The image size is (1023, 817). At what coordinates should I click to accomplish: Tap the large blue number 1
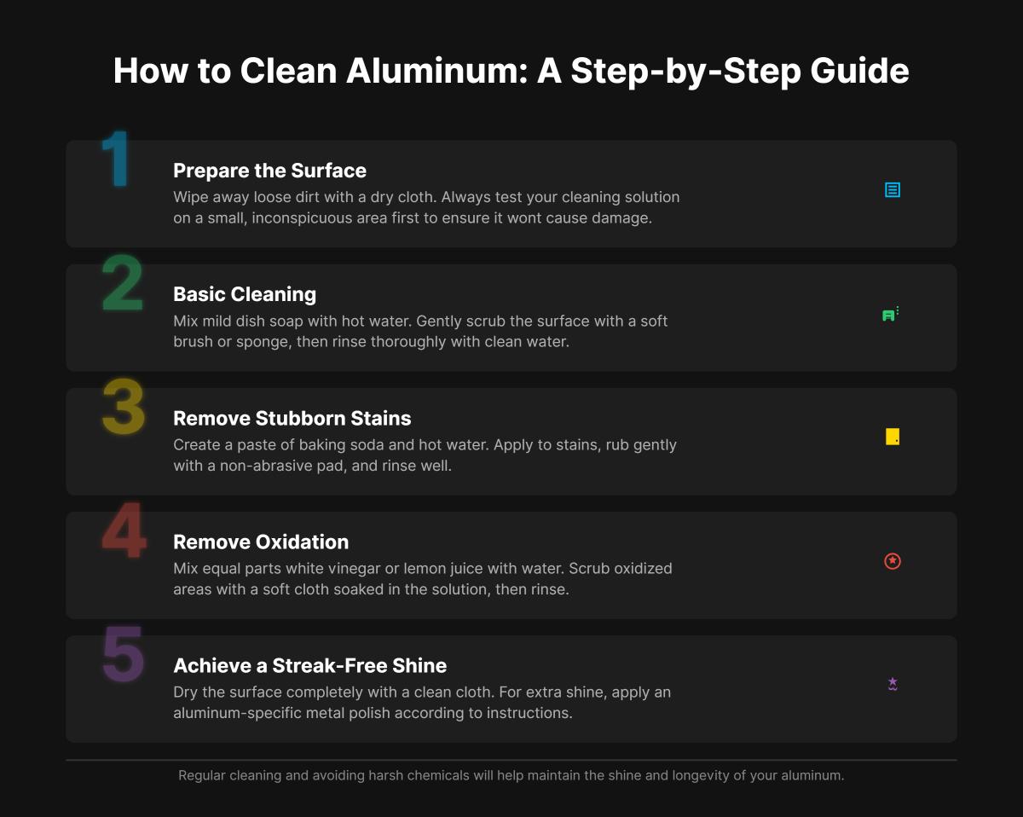115,159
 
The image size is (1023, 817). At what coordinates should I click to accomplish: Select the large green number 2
123,283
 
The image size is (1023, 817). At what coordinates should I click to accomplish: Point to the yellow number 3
123,407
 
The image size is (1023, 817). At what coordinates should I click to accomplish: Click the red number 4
123,530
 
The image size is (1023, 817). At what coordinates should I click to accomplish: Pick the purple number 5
123,654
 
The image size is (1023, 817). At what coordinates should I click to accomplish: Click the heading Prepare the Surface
269,171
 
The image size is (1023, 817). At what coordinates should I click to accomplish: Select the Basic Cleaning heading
244,294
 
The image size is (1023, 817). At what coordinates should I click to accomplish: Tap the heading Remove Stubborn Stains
292,418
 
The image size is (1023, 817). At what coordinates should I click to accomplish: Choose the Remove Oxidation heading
260,542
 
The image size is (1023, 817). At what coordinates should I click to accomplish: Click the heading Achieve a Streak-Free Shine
309,665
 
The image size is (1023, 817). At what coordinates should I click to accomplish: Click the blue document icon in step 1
892,190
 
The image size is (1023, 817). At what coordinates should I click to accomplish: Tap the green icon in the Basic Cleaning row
890,314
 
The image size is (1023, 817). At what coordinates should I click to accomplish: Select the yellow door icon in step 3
892,437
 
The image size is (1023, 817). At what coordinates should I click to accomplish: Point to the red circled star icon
892,561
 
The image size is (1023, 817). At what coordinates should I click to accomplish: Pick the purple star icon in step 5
892,684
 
